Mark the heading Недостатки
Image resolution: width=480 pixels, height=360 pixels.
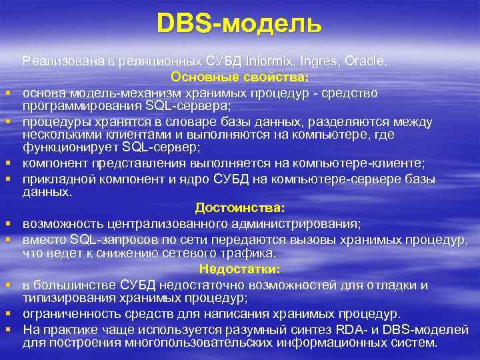(239, 269)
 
